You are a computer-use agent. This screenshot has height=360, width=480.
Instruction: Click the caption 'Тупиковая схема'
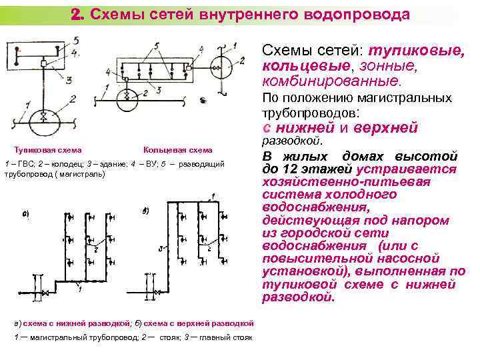pyautogui.click(x=48, y=150)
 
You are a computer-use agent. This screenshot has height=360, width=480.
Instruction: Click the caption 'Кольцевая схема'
pyautogui.click(x=177, y=150)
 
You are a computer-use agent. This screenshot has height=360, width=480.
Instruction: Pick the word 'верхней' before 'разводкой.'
pyautogui.click(x=385, y=127)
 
